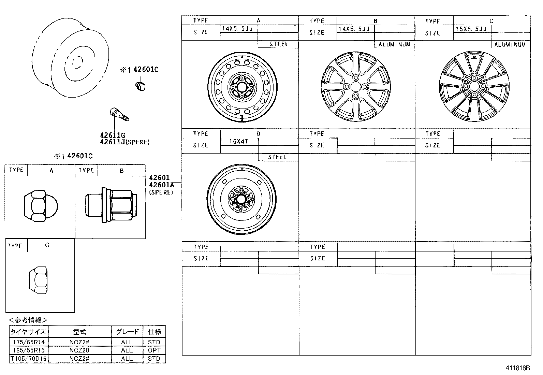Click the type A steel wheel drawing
point(243,87)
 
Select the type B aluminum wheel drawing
point(355,86)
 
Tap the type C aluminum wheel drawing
point(474,86)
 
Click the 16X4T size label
point(239,141)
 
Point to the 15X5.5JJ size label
point(471,29)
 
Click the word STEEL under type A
point(279,44)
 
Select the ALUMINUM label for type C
point(510,45)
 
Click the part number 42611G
point(113,135)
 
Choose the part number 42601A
point(161,185)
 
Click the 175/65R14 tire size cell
point(29,342)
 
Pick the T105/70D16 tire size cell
point(29,359)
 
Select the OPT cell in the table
point(154,350)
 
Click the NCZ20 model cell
point(79,350)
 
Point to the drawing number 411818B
point(517,368)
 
